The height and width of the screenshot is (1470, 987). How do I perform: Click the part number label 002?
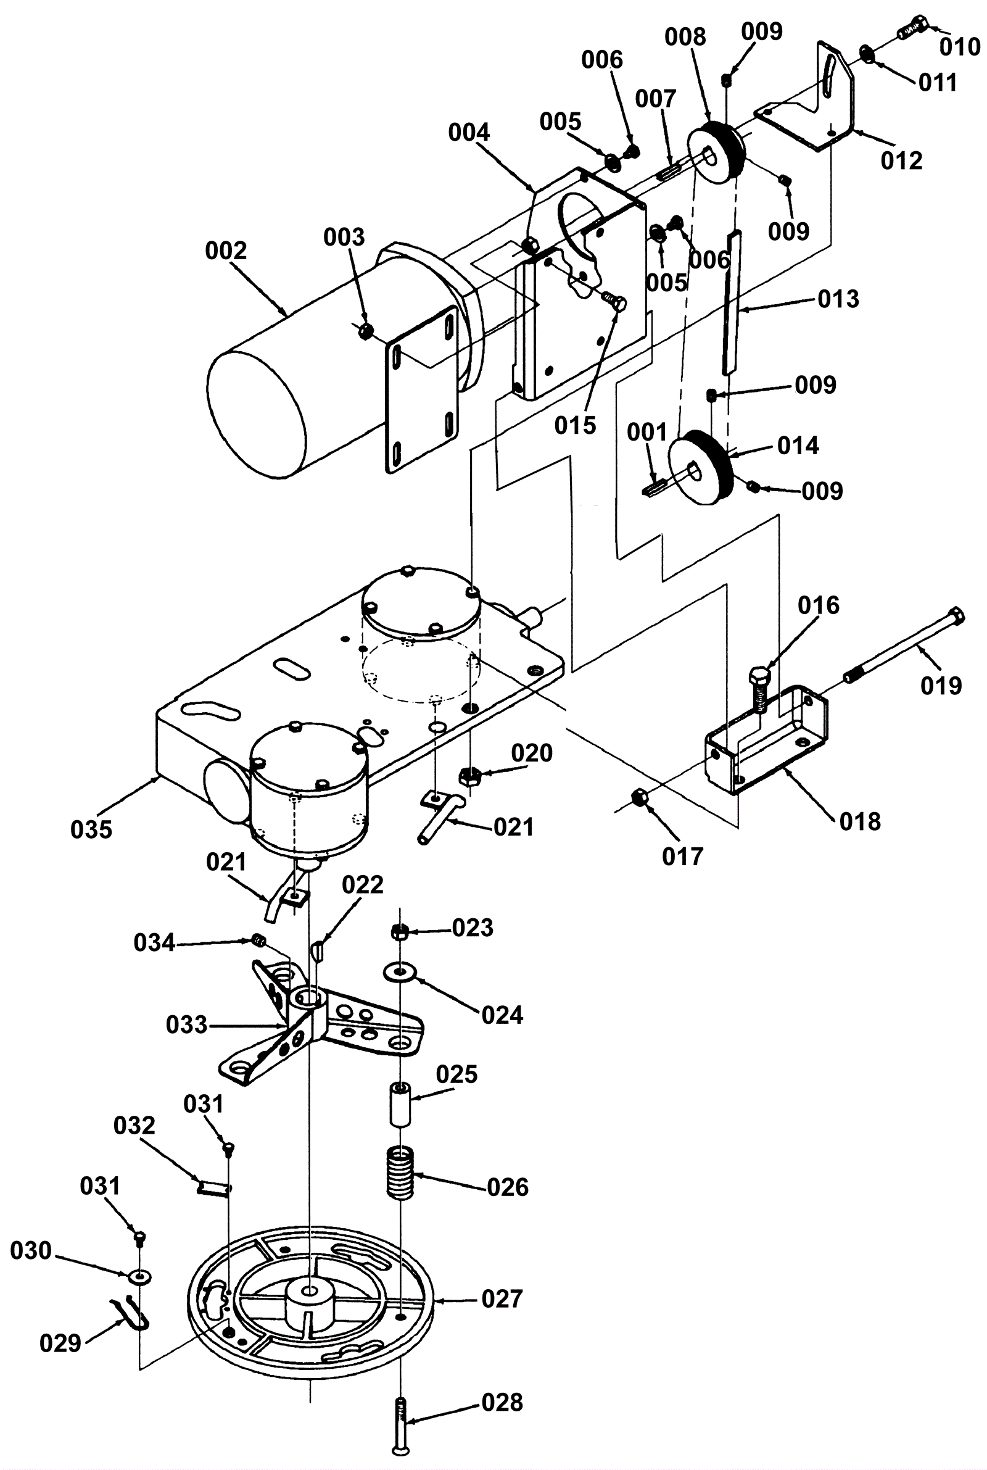pos(225,251)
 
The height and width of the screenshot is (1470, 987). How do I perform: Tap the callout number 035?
pos(91,829)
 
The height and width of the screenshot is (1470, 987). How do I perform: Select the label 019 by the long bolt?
pos(941,686)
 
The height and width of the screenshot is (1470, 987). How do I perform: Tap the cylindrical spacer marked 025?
pos(400,1104)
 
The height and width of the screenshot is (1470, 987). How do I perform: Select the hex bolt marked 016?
pos(760,687)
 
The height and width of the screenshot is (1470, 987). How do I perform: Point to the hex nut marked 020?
pos(467,775)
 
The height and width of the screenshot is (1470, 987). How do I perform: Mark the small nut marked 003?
pos(365,331)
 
